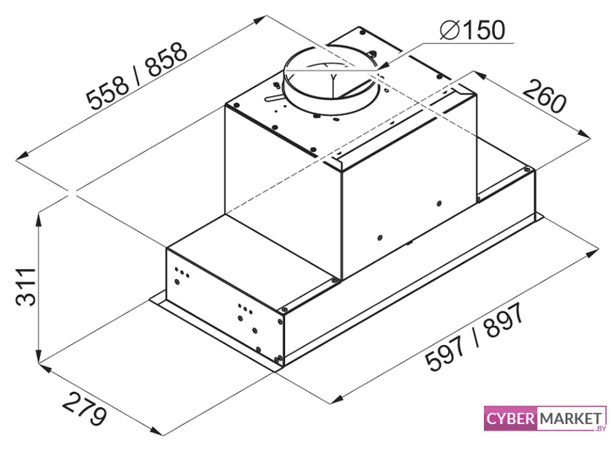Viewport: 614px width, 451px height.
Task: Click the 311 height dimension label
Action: pos(26,287)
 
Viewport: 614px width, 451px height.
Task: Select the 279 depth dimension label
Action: pos(84,409)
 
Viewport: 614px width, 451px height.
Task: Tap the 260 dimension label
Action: pos(545,96)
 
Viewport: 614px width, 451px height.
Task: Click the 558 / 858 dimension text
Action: pos(137,75)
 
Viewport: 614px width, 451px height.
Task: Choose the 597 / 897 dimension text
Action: pos(475,337)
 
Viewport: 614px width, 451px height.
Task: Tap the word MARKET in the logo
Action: pos(571,419)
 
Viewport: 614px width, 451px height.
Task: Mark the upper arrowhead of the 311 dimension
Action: pos(39,219)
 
